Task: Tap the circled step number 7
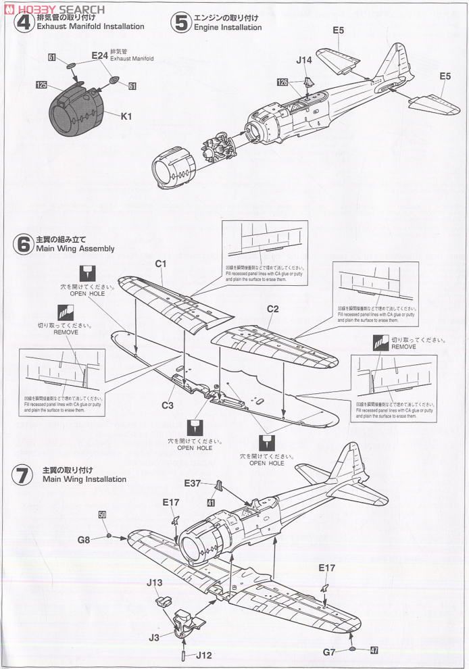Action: [24, 474]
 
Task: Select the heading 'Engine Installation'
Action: [228, 28]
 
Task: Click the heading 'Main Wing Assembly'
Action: [78, 249]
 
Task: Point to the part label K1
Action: [126, 116]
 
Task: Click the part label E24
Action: [99, 56]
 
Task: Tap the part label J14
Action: [303, 60]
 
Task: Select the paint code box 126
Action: [282, 81]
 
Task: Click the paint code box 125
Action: [42, 85]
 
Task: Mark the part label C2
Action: [273, 309]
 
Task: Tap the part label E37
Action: [194, 482]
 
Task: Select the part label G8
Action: [84, 539]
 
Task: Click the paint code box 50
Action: [103, 515]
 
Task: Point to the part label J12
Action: [207, 655]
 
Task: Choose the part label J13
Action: [154, 581]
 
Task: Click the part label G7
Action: [329, 651]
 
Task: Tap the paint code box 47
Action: [374, 651]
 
